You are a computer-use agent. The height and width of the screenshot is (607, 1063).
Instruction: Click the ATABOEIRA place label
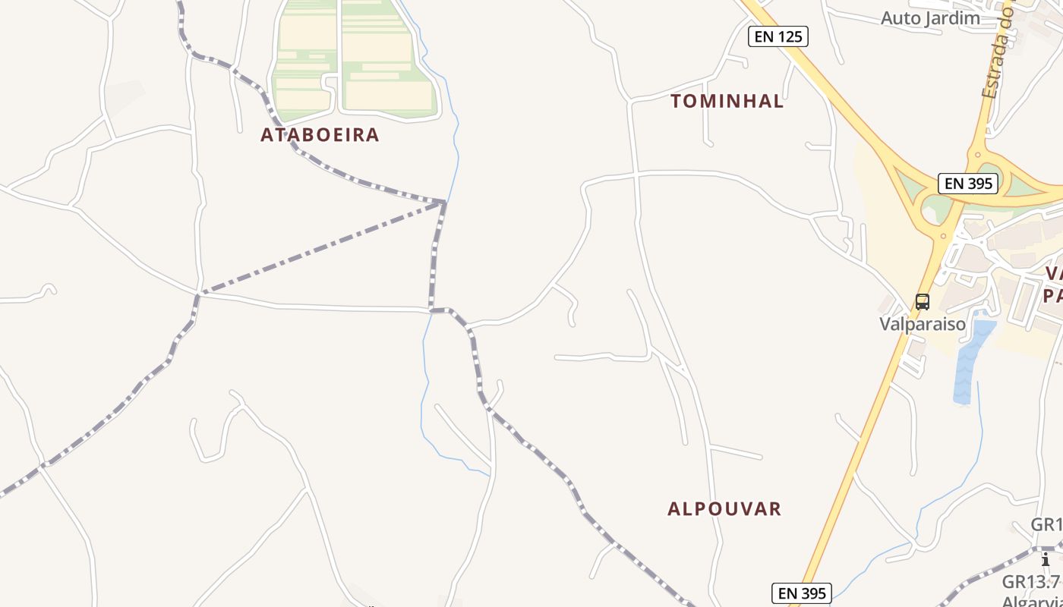coord(320,135)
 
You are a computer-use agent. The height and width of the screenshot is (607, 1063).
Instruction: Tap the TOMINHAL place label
coord(727,102)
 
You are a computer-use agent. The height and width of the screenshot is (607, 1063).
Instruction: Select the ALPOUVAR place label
coord(724,508)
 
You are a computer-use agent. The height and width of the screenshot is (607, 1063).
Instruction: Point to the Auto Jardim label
coord(930,18)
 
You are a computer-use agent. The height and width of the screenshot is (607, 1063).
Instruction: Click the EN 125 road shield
coord(778,36)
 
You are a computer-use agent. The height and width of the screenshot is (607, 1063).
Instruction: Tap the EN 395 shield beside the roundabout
coord(968,183)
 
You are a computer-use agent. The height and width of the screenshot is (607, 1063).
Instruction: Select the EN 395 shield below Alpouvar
coord(802,593)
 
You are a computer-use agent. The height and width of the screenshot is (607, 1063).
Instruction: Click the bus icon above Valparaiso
coord(923,301)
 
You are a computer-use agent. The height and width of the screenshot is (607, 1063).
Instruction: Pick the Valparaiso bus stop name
coord(923,324)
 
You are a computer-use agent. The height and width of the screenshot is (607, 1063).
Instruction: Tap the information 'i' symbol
coord(1046,559)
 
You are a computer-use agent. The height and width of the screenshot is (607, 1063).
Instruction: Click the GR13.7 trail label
coord(1030,582)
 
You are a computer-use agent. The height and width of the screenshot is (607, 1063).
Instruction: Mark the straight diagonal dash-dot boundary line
coord(319,248)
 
